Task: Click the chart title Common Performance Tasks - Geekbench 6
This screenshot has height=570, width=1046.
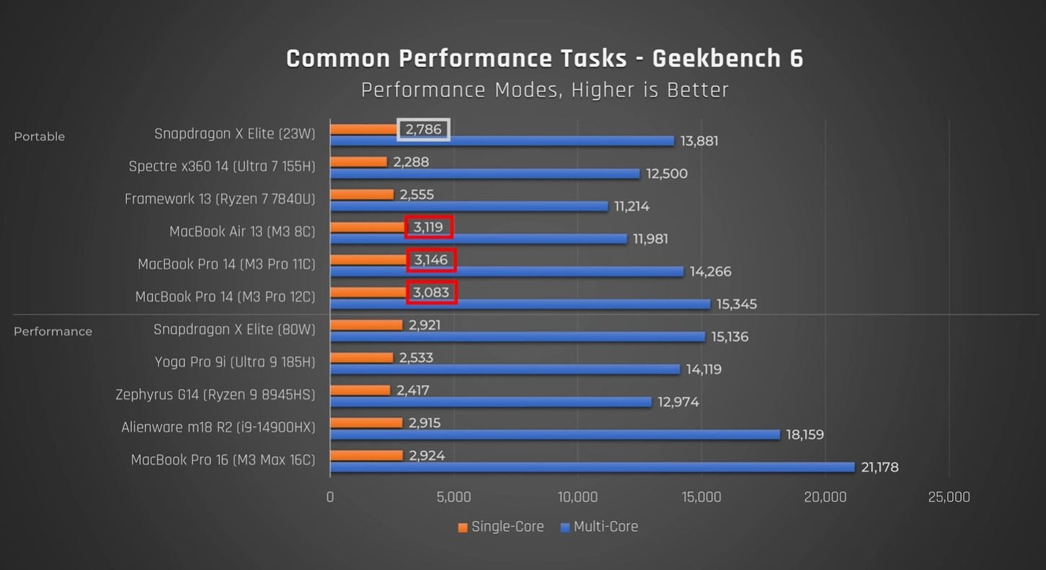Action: [x=544, y=58]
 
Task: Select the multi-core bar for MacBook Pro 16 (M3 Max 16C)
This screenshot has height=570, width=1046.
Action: [x=591, y=468]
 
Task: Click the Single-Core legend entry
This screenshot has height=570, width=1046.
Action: [x=500, y=527]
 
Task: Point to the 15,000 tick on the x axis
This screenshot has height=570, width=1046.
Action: [x=701, y=497]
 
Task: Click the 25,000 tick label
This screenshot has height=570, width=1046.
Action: [x=949, y=497]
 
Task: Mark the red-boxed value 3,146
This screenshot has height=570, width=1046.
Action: [x=431, y=260]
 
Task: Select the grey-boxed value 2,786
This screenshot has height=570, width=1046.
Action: [x=424, y=129]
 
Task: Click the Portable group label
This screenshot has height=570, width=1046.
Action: [x=40, y=136]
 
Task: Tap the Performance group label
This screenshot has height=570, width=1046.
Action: [x=53, y=331]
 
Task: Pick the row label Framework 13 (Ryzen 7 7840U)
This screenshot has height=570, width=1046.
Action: [x=220, y=198]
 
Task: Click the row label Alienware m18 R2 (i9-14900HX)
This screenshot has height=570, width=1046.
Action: [x=218, y=427]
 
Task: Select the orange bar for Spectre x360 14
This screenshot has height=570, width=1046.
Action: [x=358, y=162]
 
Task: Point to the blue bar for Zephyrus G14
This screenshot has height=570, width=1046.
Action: [x=490, y=402]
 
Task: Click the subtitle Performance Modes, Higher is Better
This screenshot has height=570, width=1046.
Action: [x=544, y=90]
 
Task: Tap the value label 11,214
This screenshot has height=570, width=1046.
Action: [x=631, y=206]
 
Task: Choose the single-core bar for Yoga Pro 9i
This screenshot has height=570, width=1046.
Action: [x=361, y=358]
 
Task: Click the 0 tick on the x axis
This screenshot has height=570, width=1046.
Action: [x=330, y=497]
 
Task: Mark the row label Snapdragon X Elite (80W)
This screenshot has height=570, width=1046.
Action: [x=234, y=329]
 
